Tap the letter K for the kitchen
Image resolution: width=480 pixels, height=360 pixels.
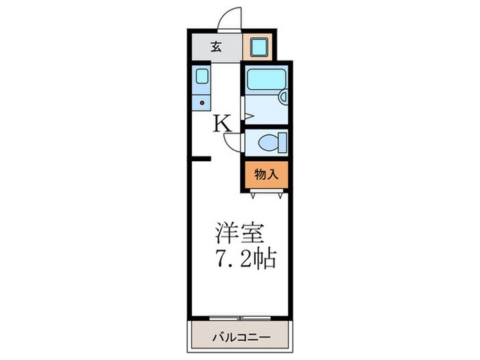click(x=224, y=124)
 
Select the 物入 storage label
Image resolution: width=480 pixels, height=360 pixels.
click(x=266, y=175)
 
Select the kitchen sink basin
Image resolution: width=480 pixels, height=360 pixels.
click(x=201, y=75)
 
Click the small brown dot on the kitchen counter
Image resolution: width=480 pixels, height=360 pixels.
click(x=202, y=104)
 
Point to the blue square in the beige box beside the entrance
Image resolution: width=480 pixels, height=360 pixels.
click(x=259, y=47)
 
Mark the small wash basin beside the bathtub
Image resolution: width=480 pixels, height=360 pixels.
click(x=283, y=97)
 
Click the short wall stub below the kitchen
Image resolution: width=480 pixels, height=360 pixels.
click(x=200, y=159)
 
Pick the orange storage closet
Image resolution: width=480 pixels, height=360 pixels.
click(x=265, y=176)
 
